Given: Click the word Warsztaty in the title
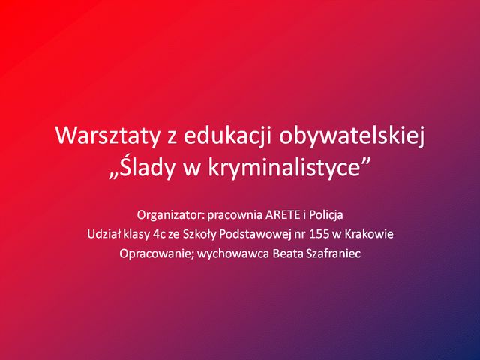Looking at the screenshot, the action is point(107,136).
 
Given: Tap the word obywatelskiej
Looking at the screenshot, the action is point(352,136).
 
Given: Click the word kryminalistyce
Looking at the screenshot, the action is point(283,168).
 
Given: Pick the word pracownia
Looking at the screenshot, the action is point(235,216).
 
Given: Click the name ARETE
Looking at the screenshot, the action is point(283,215).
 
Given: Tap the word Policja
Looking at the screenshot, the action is point(325,215).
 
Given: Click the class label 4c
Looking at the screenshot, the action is point(159,235).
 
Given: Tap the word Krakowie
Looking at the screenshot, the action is point(369,234).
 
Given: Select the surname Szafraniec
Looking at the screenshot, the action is point(332,253).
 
